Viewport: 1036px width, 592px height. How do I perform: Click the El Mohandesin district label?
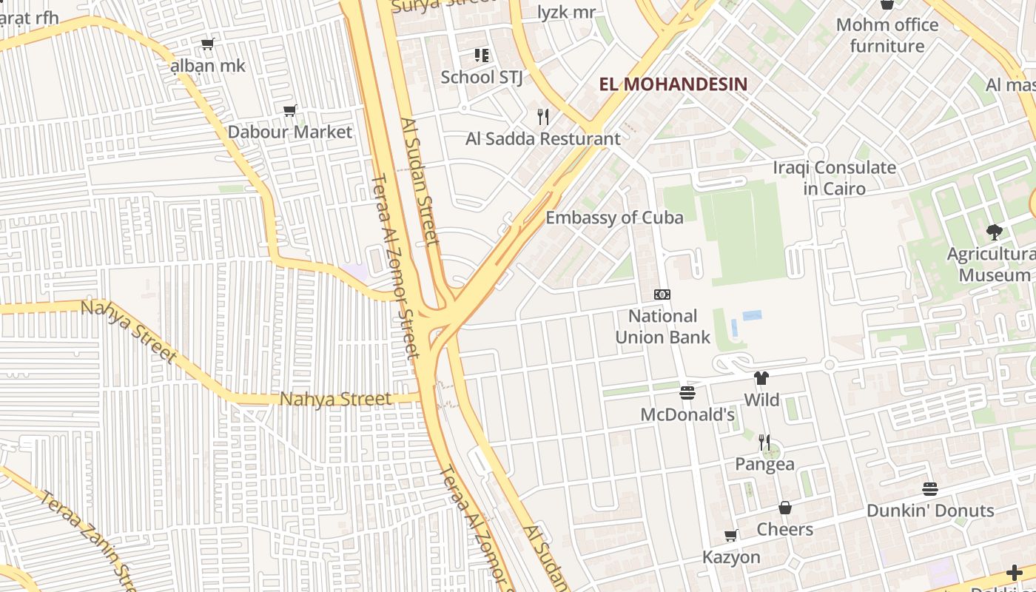click(673, 84)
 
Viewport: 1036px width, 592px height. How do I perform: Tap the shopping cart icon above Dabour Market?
click(290, 111)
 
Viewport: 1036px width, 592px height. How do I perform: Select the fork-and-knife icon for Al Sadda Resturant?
click(543, 116)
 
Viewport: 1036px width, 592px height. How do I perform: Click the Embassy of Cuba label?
click(614, 217)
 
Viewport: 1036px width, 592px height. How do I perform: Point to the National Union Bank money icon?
click(662, 295)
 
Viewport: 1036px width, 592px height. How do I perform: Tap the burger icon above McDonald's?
click(687, 392)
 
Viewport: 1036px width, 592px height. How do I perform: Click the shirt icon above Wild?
click(761, 378)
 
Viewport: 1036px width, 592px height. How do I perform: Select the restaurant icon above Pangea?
click(764, 442)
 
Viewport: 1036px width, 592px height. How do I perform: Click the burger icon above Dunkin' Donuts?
click(930, 489)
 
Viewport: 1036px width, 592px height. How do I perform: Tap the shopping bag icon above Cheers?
click(785, 508)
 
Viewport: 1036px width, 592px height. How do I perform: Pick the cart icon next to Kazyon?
click(731, 535)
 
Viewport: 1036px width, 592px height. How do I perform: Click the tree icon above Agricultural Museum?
click(995, 232)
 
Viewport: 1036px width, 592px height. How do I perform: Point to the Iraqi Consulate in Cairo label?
click(834, 178)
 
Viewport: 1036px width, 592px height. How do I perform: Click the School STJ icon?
click(482, 55)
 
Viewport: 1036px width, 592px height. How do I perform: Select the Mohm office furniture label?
click(887, 35)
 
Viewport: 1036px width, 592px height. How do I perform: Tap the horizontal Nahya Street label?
click(335, 399)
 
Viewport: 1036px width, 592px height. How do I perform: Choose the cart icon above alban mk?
click(208, 44)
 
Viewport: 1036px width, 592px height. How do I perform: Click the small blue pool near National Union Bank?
click(752, 315)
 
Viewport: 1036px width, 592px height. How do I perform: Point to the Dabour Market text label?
click(289, 132)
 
